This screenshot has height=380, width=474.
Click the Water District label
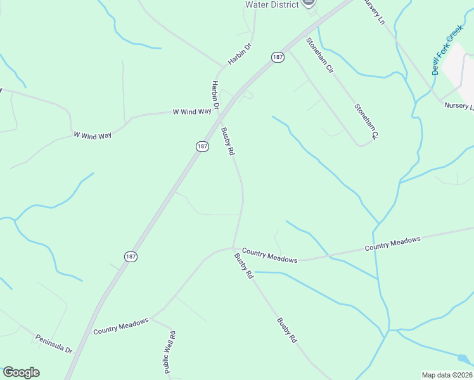point(272,4)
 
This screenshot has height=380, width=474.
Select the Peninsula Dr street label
point(53,343)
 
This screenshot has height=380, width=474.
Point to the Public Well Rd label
point(169,351)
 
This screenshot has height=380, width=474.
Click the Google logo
point(21,372)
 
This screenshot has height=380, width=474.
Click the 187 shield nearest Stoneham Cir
point(278,57)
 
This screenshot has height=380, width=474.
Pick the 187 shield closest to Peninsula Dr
point(131,256)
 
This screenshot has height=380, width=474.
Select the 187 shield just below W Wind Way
point(202,146)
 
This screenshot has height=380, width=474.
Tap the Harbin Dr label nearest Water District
point(240,54)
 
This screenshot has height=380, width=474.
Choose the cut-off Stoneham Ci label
point(366,122)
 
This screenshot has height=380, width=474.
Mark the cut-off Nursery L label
point(459,106)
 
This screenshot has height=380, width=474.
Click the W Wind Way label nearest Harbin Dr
point(191,111)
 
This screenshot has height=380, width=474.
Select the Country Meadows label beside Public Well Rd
point(120,326)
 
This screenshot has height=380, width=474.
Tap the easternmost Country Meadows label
point(392,244)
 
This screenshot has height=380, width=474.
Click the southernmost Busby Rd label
point(286,330)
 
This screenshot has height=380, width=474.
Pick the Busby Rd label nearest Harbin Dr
point(228,142)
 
